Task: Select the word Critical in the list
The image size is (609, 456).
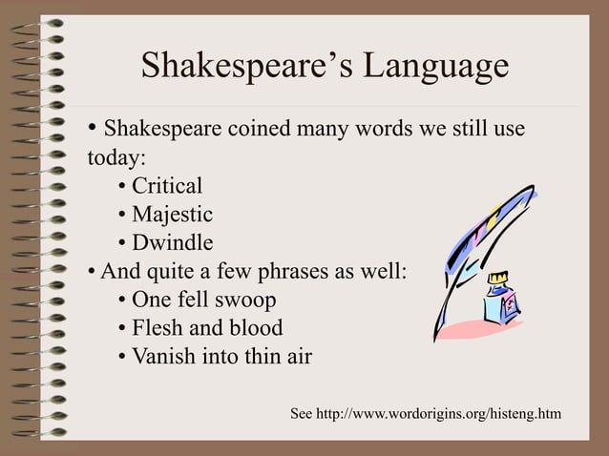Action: pyautogui.click(x=167, y=186)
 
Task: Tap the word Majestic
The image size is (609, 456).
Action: pyautogui.click(x=172, y=215)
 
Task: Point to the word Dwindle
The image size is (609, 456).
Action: pyautogui.click(x=172, y=242)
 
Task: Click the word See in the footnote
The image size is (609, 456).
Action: pyautogui.click(x=301, y=413)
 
